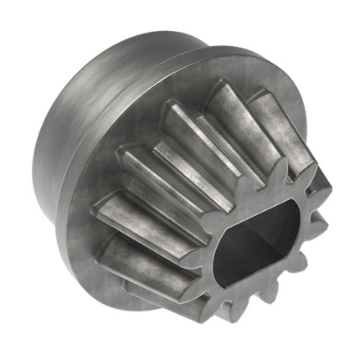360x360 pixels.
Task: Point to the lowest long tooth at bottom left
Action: pyautogui.click(x=142, y=276)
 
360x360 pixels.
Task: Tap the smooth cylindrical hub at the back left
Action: pyautogui.click(x=84, y=126)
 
